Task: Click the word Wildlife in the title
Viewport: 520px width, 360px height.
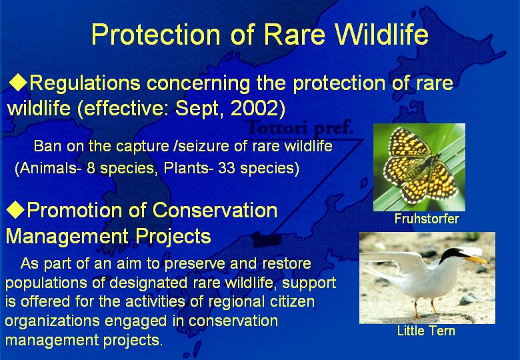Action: [381, 34]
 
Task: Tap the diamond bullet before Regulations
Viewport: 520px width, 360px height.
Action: [17, 83]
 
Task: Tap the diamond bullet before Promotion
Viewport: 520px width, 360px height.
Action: [15, 209]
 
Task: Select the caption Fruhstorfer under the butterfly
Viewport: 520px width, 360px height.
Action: [427, 219]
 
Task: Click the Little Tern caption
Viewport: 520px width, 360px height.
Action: [426, 331]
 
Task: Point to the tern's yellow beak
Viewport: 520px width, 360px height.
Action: [477, 259]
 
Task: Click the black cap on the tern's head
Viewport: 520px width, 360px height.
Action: [452, 254]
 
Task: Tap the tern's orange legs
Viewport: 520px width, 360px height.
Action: [424, 307]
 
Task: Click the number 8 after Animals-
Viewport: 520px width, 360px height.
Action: [91, 168]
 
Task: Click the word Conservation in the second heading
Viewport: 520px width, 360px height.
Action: [215, 210]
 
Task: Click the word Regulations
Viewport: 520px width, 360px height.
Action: [85, 83]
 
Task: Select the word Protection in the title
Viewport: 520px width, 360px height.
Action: [156, 34]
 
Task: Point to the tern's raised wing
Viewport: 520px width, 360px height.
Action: [395, 262]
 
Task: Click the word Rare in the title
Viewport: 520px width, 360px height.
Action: [295, 34]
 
